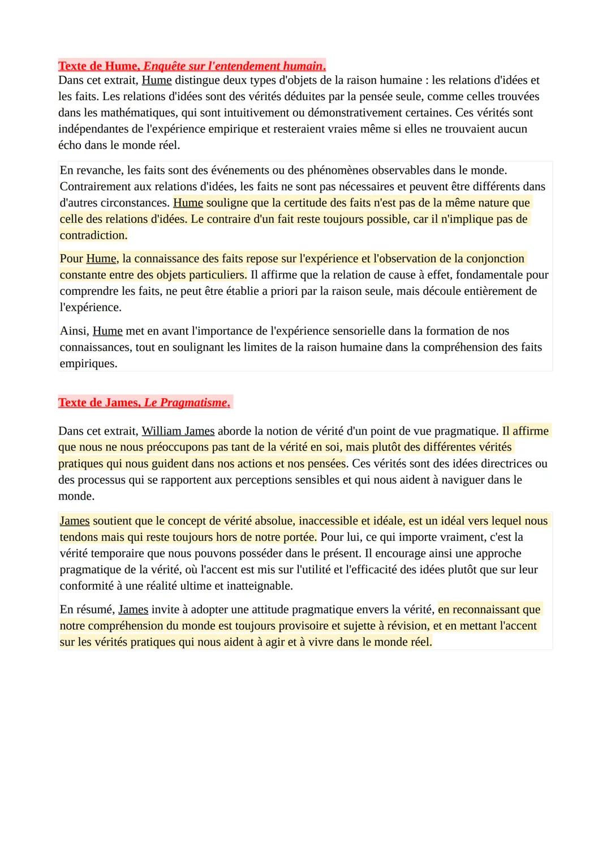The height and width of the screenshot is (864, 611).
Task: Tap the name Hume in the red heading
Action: pos(121,66)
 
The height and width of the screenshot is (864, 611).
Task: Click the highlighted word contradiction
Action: pos(93,235)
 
